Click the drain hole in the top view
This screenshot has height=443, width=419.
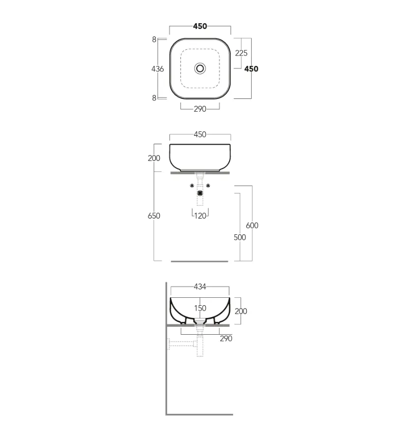click(200, 68)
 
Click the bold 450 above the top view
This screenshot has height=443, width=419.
click(200, 26)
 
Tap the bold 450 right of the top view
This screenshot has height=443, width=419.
click(251, 69)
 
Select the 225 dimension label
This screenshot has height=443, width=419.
click(241, 53)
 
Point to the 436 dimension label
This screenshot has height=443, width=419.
click(157, 69)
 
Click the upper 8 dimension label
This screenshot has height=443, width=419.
click(154, 39)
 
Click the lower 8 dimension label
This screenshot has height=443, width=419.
click(154, 98)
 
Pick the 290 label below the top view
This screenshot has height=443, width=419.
click(200, 109)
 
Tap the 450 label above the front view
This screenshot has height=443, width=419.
click(200, 134)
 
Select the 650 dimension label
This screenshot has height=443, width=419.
click(154, 216)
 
